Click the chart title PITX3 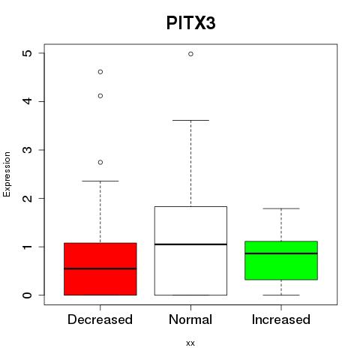[190, 23]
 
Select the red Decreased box [100, 269]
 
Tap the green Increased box [281, 260]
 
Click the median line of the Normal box [190, 244]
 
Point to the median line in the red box [100, 268]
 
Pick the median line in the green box [281, 253]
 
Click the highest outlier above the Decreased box [100, 72]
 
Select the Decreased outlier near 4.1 [100, 96]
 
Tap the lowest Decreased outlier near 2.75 [100, 162]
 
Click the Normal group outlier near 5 [190, 54]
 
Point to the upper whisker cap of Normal [190, 120]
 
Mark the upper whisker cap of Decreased [100, 181]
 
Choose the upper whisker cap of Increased [281, 208]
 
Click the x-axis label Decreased [100, 319]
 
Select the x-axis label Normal [190, 319]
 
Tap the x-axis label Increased [281, 319]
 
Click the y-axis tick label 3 [27, 150]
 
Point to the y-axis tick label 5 [27, 53]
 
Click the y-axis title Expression [7, 174]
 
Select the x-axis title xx [190, 343]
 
